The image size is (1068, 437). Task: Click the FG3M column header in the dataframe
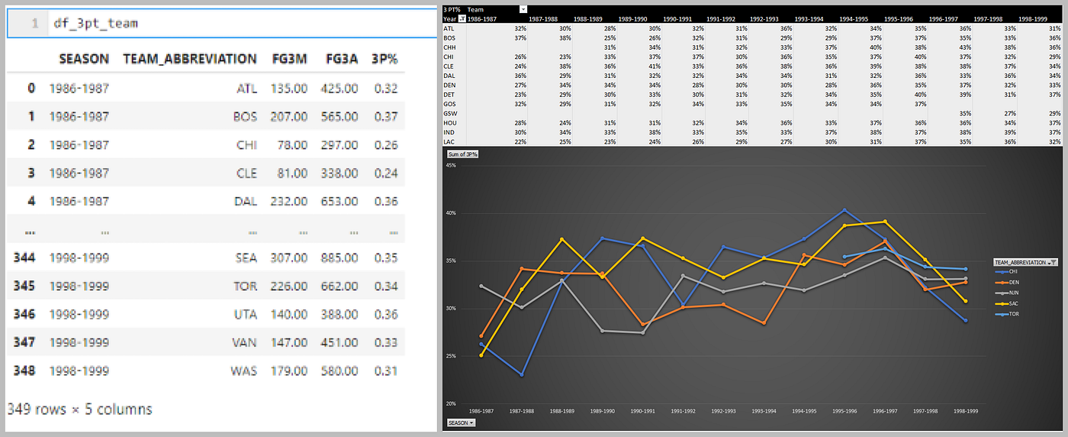(x=289, y=59)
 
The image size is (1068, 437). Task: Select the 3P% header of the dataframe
(x=384, y=59)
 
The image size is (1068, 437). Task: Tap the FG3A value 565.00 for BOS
(x=339, y=118)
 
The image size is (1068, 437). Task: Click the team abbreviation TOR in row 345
(x=246, y=286)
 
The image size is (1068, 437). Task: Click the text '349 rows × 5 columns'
(x=79, y=409)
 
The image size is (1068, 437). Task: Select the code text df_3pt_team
(x=95, y=24)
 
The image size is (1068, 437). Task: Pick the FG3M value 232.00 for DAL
(x=289, y=202)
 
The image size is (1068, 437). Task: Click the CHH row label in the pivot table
(x=449, y=46)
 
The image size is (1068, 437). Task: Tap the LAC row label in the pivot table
(x=449, y=141)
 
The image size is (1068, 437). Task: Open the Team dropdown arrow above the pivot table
(x=523, y=9)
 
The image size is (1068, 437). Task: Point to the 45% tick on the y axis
(x=451, y=165)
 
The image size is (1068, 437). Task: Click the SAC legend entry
(x=1015, y=303)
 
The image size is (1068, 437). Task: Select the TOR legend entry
(x=1015, y=314)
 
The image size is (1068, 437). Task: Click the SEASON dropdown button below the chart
(x=461, y=422)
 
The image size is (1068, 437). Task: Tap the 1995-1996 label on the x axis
(x=844, y=411)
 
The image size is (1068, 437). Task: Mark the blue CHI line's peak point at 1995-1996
(x=844, y=210)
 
